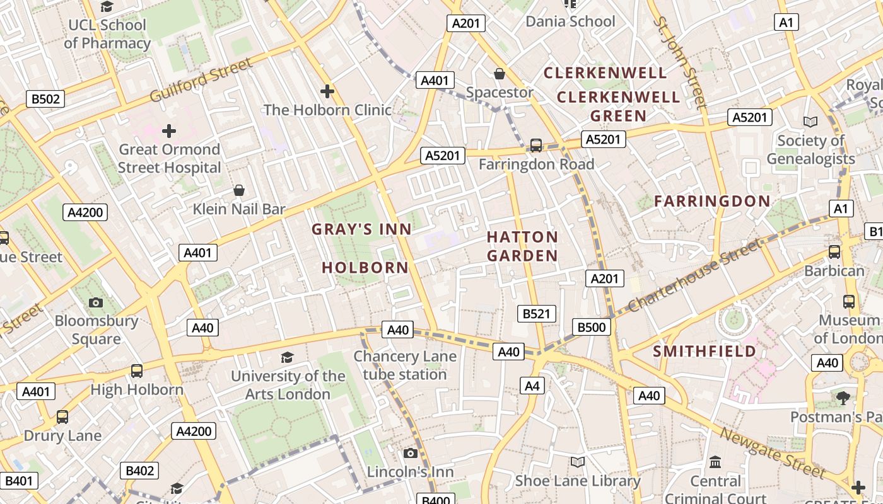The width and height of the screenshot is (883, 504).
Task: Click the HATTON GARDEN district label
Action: pyautogui.click(x=522, y=246)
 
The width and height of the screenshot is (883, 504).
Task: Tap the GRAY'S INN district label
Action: pyautogui.click(x=361, y=229)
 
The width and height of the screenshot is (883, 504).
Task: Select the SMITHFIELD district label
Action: pyautogui.click(x=705, y=351)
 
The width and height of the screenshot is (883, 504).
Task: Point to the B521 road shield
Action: pyautogui.click(x=537, y=314)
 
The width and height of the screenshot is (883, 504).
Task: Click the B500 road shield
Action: pyautogui.click(x=592, y=327)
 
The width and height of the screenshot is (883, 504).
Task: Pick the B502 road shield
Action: pyautogui.click(x=45, y=99)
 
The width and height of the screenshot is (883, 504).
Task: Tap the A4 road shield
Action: pyautogui.click(x=532, y=386)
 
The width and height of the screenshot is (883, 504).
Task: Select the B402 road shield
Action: pyautogui.click(x=139, y=471)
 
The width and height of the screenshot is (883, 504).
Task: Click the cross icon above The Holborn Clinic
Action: pyautogui.click(x=327, y=91)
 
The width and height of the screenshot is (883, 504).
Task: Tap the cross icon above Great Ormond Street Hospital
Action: pyautogui.click(x=169, y=131)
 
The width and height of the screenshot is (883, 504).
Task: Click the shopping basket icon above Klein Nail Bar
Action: pyautogui.click(x=239, y=190)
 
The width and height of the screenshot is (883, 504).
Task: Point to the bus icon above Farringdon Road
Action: pyautogui.click(x=535, y=146)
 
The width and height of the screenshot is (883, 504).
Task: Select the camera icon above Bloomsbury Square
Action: pyautogui.click(x=96, y=302)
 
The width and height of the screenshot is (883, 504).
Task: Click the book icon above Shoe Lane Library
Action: pyautogui.click(x=577, y=462)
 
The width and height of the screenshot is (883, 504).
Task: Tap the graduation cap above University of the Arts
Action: pyautogui.click(x=287, y=358)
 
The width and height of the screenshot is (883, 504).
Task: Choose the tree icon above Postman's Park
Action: pyautogui.click(x=843, y=398)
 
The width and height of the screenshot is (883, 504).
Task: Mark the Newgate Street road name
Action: pyautogui.click(x=772, y=453)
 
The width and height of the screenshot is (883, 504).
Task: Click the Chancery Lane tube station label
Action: pyautogui.click(x=404, y=365)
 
